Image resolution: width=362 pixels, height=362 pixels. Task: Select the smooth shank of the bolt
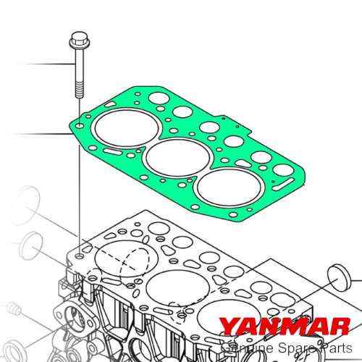pos(77,65)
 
